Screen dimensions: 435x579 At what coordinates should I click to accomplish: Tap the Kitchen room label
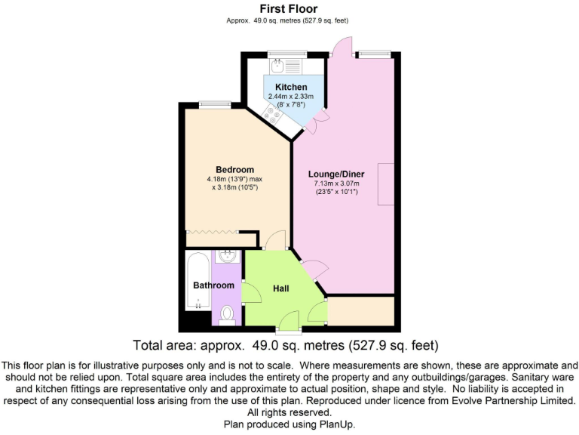(x=290, y=88)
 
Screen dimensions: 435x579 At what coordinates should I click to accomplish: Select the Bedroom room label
(x=234, y=169)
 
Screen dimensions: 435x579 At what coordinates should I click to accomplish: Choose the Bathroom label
(x=213, y=285)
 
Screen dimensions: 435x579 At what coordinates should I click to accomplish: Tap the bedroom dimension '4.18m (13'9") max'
(x=234, y=179)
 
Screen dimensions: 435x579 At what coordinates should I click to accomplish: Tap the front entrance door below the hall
(x=287, y=330)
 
